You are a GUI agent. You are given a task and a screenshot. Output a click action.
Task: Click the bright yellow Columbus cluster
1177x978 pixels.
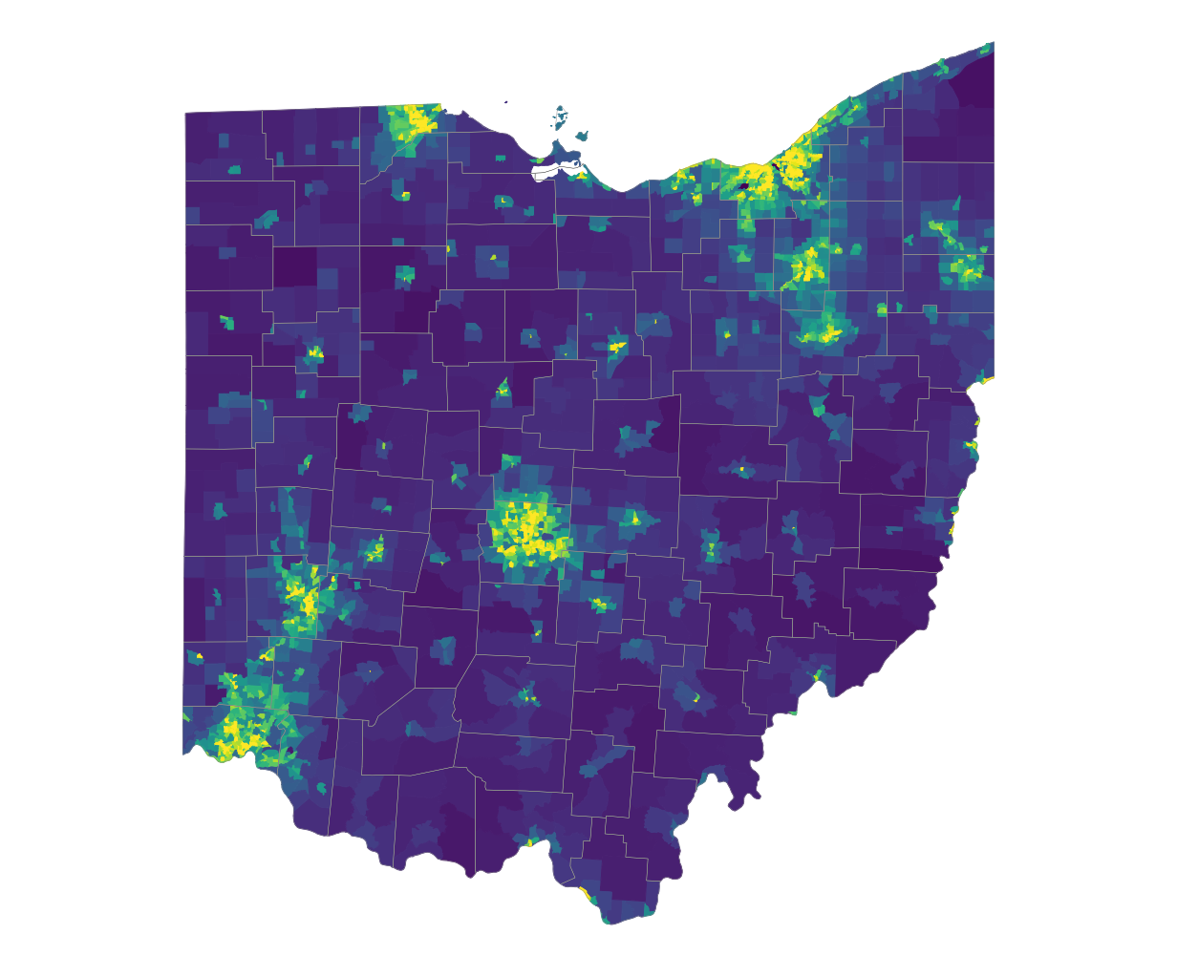tap(526, 528)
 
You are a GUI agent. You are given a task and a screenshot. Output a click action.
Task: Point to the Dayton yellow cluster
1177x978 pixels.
tap(308, 600)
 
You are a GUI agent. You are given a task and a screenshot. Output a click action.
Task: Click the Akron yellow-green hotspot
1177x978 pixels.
tap(808, 263)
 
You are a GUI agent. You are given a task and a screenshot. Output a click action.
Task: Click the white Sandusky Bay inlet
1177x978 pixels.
tap(549, 173)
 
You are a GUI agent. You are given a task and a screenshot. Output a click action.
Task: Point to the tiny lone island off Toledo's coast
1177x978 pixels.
tap(505, 102)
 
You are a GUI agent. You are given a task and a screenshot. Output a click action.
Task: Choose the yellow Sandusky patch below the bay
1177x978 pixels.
tap(581, 176)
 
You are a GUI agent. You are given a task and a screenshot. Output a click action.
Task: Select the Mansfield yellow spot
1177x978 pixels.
tap(617, 345)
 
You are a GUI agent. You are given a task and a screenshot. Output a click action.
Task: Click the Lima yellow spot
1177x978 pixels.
tap(315, 353)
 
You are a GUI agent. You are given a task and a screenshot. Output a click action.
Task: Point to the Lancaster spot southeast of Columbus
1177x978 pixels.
tap(600, 603)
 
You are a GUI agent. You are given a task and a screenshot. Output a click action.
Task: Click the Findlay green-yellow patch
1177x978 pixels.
tap(405, 275)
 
